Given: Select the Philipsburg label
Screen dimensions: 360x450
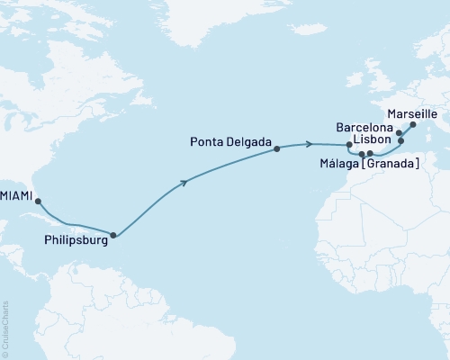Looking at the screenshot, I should (x=71, y=240).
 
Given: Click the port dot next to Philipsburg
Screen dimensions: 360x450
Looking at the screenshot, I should (x=112, y=236).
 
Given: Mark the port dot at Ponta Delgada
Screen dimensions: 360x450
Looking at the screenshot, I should (x=276, y=148).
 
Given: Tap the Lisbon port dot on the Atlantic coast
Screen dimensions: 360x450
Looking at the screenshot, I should (x=349, y=145).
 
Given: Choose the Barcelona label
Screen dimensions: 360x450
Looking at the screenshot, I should (x=364, y=128).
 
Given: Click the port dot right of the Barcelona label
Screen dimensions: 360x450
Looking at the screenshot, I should (x=399, y=133).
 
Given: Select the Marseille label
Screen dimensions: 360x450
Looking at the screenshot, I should (x=410, y=114).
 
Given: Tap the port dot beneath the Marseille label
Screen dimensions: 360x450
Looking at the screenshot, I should (x=413, y=125).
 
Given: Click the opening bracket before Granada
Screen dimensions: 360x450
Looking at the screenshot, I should (x=367, y=164).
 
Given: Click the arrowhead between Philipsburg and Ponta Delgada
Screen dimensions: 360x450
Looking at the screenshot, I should (x=184, y=183).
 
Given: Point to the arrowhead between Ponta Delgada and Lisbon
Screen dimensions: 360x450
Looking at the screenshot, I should (x=310, y=144).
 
